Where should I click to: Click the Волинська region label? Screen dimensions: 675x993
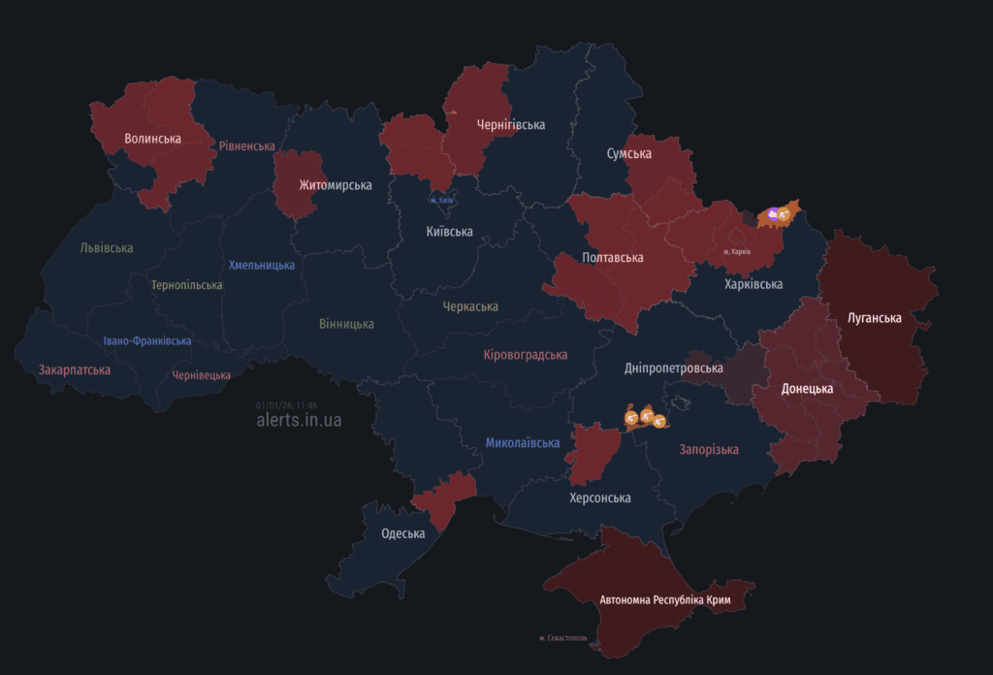tap(153, 139)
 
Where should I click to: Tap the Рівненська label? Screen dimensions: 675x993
tap(247, 146)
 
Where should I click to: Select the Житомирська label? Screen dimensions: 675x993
tap(308, 184)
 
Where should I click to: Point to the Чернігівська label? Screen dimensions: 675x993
tap(511, 125)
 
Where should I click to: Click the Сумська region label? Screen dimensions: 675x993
tap(629, 154)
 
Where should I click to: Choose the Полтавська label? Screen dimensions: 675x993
tap(613, 258)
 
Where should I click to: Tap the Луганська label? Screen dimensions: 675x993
tap(874, 318)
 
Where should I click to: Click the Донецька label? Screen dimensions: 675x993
tap(808, 389)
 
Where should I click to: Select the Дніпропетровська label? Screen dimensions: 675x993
tap(674, 370)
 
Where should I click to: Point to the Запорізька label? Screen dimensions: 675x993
tap(709, 450)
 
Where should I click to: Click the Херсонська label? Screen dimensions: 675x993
tap(599, 498)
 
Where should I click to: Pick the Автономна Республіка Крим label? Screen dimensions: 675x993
tap(665, 601)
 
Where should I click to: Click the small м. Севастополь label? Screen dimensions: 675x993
tap(563, 638)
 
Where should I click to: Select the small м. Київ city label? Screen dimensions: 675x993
tap(441, 201)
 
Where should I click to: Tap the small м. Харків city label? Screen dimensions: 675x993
tap(737, 251)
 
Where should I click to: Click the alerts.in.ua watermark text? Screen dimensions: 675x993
tap(299, 421)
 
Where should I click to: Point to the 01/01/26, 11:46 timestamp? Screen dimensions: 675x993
tap(286, 405)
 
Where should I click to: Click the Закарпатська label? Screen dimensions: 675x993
tap(75, 370)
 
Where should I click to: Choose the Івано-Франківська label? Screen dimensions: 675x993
tap(147, 341)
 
